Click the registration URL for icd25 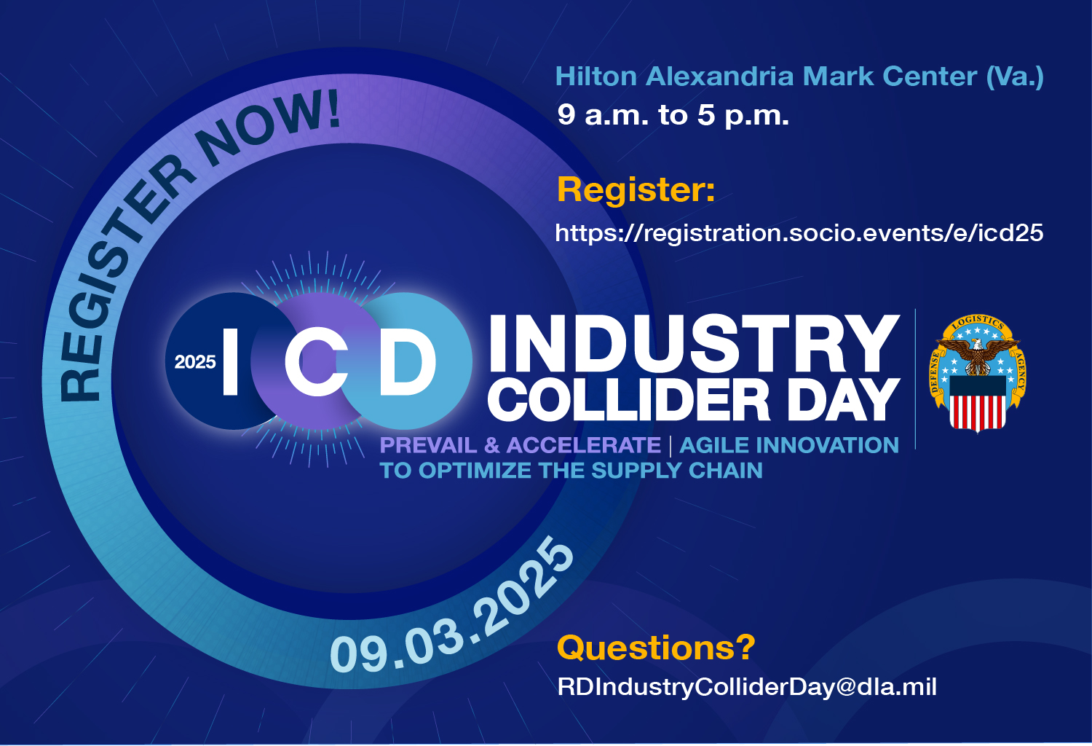(799, 233)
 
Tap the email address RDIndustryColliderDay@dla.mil (747, 687)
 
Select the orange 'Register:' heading (636, 189)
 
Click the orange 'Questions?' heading (656, 648)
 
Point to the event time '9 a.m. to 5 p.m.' (673, 115)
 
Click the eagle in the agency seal (978, 356)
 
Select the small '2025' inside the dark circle (195, 362)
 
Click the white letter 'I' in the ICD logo (230, 361)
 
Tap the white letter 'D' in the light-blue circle (407, 361)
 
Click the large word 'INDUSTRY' (694, 343)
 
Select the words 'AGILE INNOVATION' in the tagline (789, 445)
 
